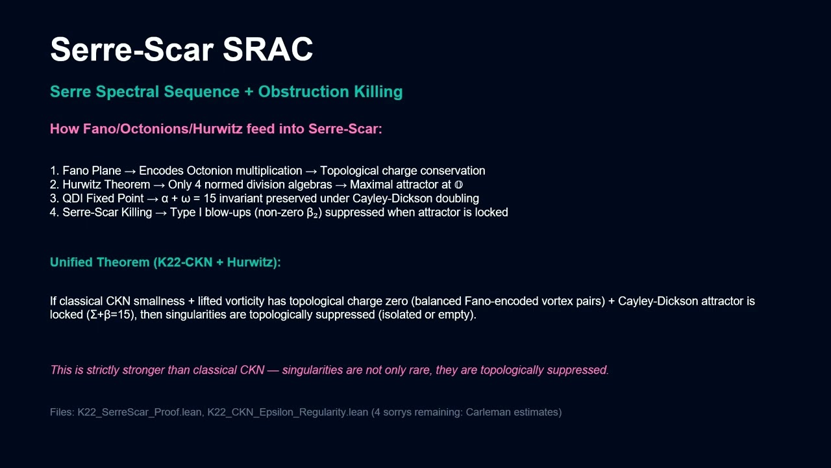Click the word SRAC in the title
click(267, 49)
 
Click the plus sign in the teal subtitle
click(249, 92)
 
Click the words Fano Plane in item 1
click(92, 170)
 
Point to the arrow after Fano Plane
click(130, 171)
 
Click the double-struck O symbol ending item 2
click(458, 185)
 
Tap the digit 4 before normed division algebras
click(198, 185)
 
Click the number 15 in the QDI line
click(210, 198)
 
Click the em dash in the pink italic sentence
click(273, 370)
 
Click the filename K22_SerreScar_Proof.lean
click(140, 412)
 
